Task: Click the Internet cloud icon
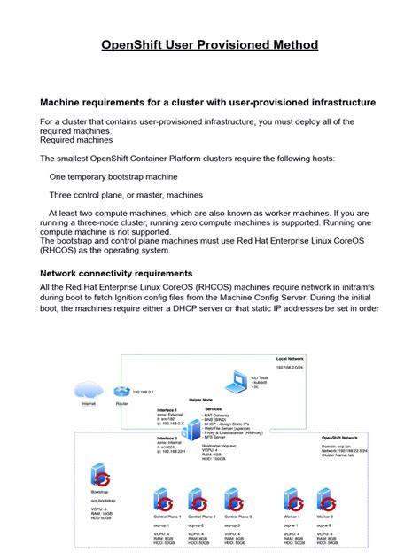coord(88,392)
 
